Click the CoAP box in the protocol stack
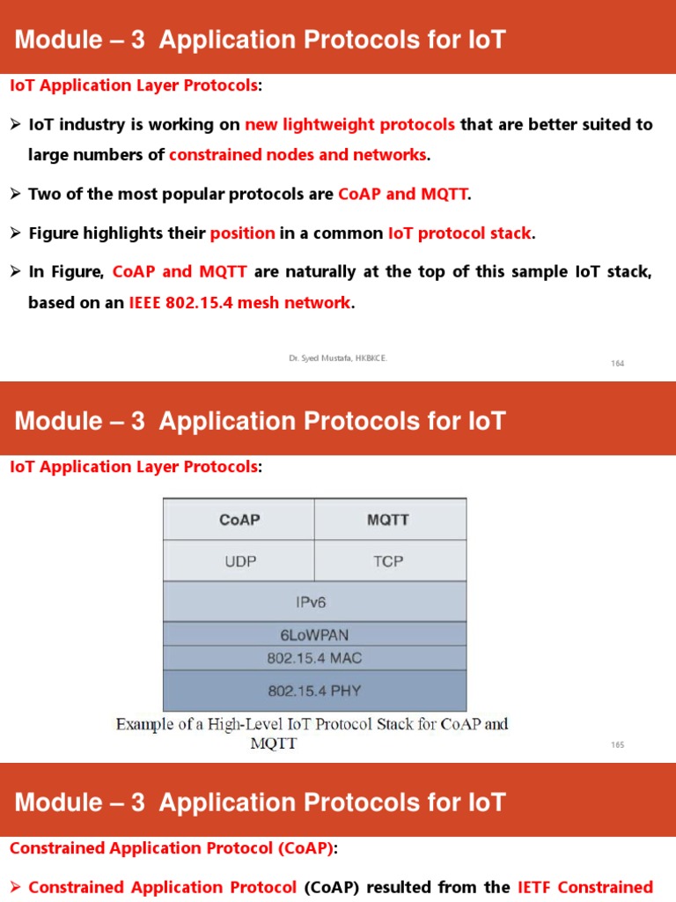239,520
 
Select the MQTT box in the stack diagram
388,520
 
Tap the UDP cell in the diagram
239,561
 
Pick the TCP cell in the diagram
388,561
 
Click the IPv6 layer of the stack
314,603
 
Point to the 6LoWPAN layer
314,634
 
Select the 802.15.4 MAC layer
314,657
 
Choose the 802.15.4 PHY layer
314,691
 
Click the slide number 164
617,363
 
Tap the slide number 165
617,745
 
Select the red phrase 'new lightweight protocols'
349,124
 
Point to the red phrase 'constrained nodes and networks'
298,155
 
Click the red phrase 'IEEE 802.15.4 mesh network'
239,303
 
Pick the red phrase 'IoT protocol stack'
459,233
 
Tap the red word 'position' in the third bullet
242,233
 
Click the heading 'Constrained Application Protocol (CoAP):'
173,848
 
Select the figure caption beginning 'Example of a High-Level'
312,734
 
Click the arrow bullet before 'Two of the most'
15,194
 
